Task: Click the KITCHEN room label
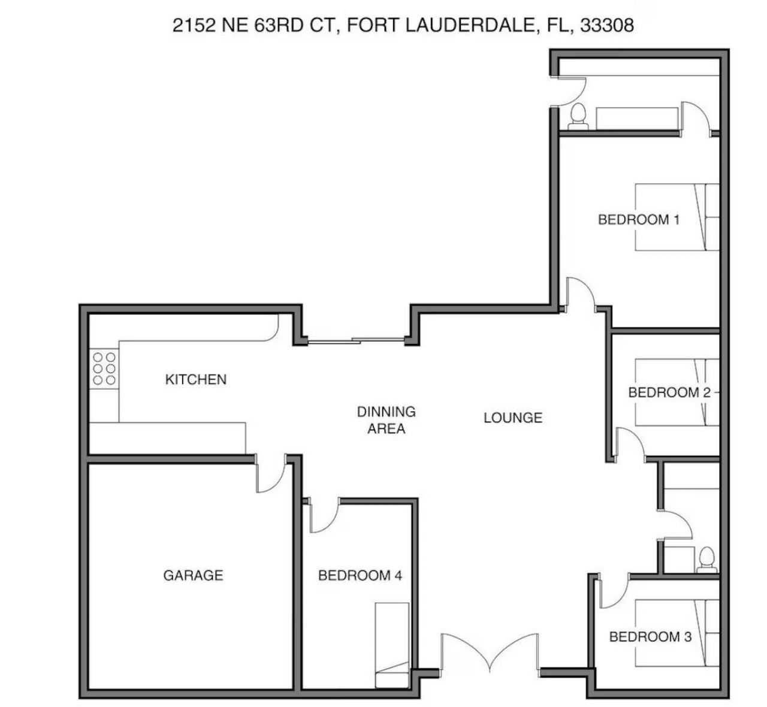(x=195, y=379)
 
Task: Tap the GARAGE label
(x=193, y=575)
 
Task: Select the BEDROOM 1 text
(x=639, y=219)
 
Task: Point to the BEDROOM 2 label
(x=669, y=392)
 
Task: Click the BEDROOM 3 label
(x=650, y=636)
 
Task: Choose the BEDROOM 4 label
(x=360, y=576)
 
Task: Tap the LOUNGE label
(x=513, y=418)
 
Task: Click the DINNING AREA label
(x=386, y=420)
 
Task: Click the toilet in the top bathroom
(x=578, y=116)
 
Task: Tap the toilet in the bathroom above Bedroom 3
(x=707, y=558)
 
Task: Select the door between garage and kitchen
(x=269, y=474)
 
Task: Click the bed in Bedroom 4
(x=392, y=644)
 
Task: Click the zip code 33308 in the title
(x=607, y=25)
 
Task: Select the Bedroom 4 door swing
(x=324, y=516)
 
